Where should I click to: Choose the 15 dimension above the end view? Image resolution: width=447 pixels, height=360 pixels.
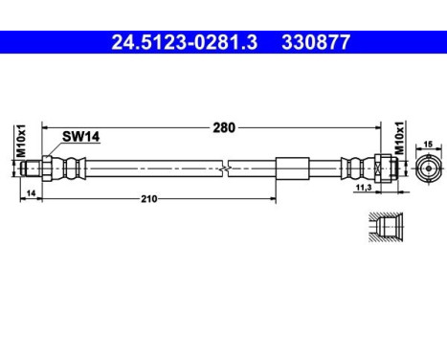click(x=427, y=144)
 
